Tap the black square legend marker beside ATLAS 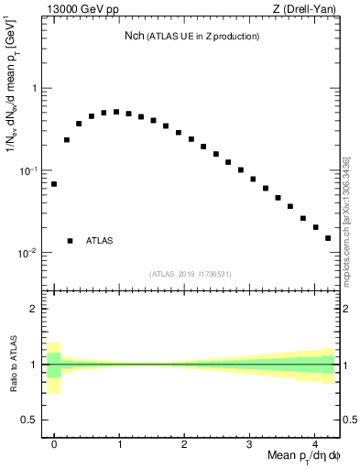(70, 241)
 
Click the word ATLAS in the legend (100, 241)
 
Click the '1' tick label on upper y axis (35, 89)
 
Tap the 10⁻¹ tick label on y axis (29, 170)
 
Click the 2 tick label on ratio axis (35, 309)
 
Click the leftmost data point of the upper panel (54, 184)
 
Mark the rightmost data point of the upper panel (328, 238)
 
